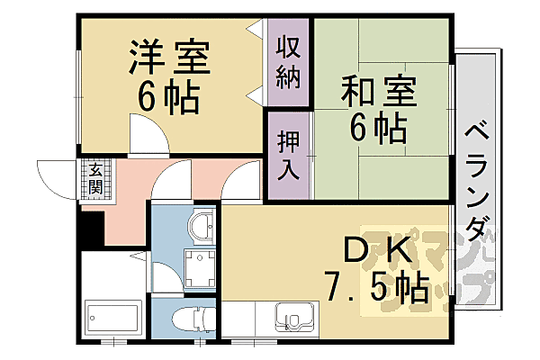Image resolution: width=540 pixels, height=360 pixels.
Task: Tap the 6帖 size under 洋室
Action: pyautogui.click(x=168, y=98)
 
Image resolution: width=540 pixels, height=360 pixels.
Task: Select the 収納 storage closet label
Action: pyautogui.click(x=287, y=61)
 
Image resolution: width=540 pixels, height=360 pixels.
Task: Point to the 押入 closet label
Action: pyautogui.click(x=287, y=156)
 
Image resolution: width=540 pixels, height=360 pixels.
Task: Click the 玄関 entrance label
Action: pyautogui.click(x=93, y=178)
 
